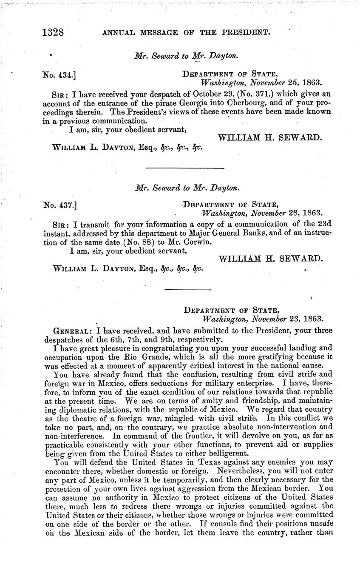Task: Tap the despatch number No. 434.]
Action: [59, 75]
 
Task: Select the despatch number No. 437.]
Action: [59, 206]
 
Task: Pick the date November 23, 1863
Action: [287, 318]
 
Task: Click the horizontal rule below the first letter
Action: [185, 169]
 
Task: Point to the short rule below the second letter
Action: [187, 290]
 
